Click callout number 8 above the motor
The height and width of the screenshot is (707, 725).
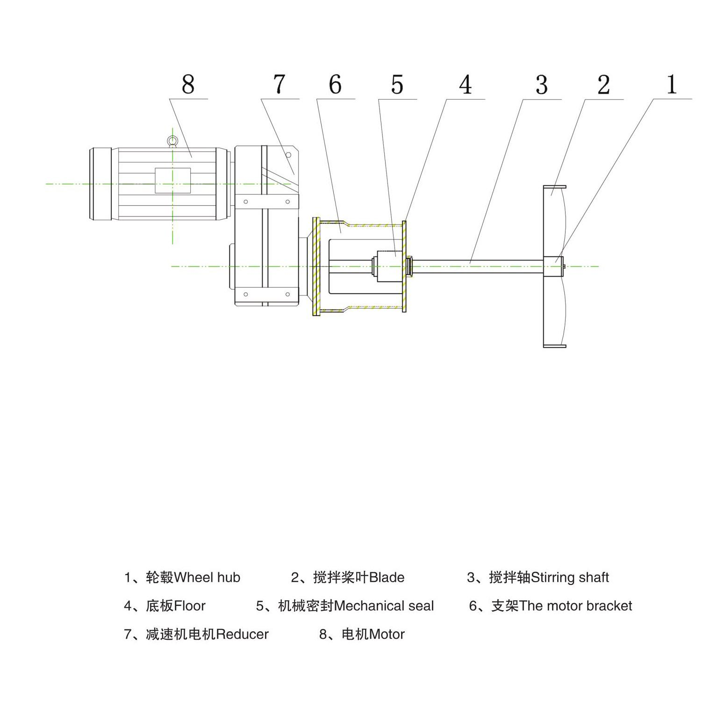pyautogui.click(x=188, y=85)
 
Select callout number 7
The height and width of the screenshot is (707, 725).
pyautogui.click(x=279, y=85)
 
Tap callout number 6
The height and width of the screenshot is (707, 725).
pyautogui.click(x=335, y=85)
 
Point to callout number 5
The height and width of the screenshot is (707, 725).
pyautogui.click(x=397, y=85)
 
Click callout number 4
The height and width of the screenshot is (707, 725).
pyautogui.click(x=466, y=85)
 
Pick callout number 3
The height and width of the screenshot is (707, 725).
pyautogui.click(x=542, y=85)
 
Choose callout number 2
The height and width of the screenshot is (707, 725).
pyautogui.click(x=603, y=85)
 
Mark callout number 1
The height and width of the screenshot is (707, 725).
pyautogui.click(x=672, y=85)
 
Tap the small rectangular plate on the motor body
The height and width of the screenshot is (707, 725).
pyautogui.click(x=173, y=180)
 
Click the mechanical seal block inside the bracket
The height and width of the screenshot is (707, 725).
pyautogui.click(x=389, y=266)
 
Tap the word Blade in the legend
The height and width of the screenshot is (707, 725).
pyautogui.click(x=387, y=577)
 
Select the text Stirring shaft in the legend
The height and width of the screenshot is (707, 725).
pyautogui.click(x=570, y=577)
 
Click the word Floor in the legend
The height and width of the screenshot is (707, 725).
pyautogui.click(x=189, y=606)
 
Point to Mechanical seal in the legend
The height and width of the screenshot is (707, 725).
pyautogui.click(x=384, y=606)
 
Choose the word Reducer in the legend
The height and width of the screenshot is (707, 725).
pyautogui.click(x=243, y=635)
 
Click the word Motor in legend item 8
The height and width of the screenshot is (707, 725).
pyautogui.click(x=387, y=635)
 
